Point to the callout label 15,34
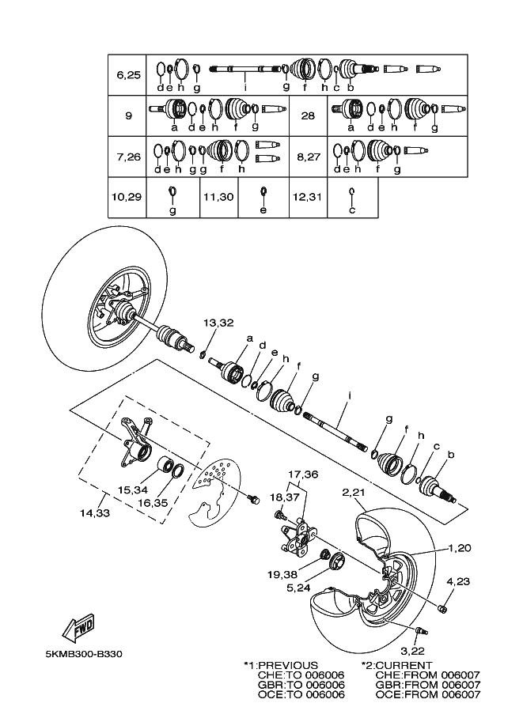click(131, 490)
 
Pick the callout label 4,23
click(458, 580)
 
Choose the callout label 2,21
click(354, 493)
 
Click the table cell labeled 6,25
click(128, 75)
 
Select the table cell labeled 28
click(308, 115)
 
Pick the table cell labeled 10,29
click(128, 196)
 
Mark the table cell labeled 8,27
click(308, 157)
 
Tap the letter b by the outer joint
click(450, 455)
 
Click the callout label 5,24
click(298, 588)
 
